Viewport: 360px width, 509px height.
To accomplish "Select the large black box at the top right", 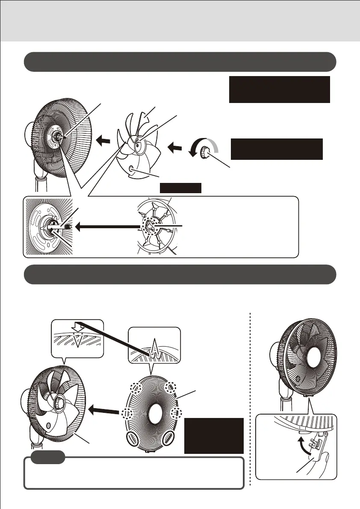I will [x=279, y=89].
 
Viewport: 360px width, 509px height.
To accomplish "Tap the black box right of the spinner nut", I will [x=276, y=149].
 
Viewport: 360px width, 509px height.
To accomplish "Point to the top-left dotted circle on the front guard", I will [x=137, y=388].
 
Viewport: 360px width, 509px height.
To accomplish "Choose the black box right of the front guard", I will [x=214, y=435].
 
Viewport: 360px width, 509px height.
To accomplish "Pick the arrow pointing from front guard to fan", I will [x=104, y=412].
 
